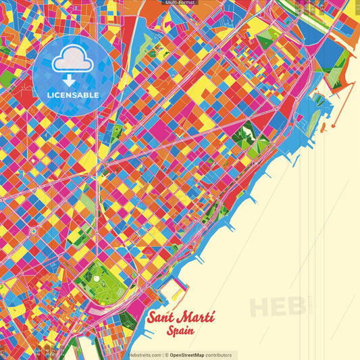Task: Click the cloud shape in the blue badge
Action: pyautogui.click(x=73, y=61)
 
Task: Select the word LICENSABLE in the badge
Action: pyautogui.click(x=73, y=95)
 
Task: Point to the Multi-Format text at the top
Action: pyautogui.click(x=180, y=3)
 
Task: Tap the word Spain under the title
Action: pyautogui.click(x=182, y=331)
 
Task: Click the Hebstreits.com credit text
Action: pyautogui.click(x=145, y=355)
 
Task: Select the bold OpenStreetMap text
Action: pyautogui.click(x=191, y=355)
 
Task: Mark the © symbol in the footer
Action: pyautogui.click(x=166, y=355)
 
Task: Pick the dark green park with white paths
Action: pyautogui.click(x=240, y=138)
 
